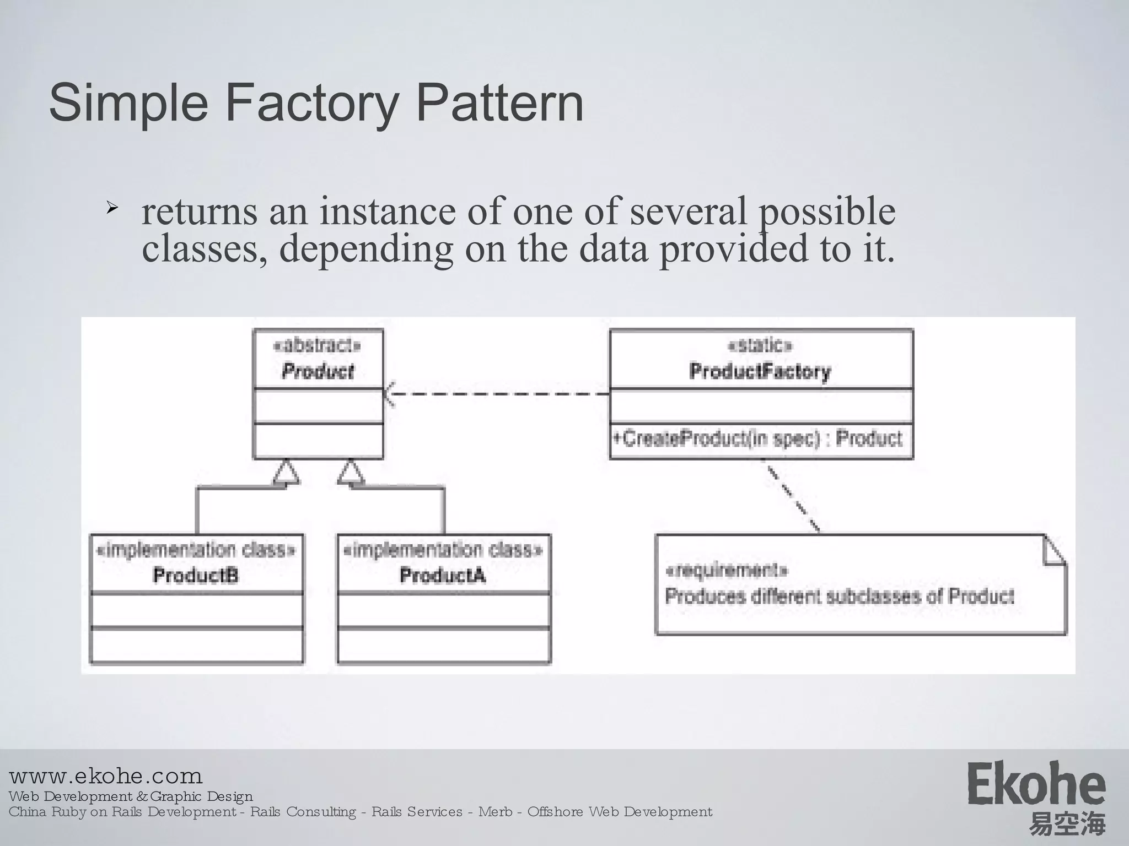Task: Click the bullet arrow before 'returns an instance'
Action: point(112,208)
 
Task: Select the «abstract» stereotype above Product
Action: point(318,345)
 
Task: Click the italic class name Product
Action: point(318,371)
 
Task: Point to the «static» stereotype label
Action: point(760,345)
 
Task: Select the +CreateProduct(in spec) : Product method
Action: point(757,439)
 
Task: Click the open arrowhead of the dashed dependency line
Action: point(389,393)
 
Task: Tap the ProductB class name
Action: point(196,576)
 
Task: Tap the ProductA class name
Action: point(443,576)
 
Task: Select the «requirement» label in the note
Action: point(727,571)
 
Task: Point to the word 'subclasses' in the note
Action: point(876,596)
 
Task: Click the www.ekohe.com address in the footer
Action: point(106,776)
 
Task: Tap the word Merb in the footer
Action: point(495,812)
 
